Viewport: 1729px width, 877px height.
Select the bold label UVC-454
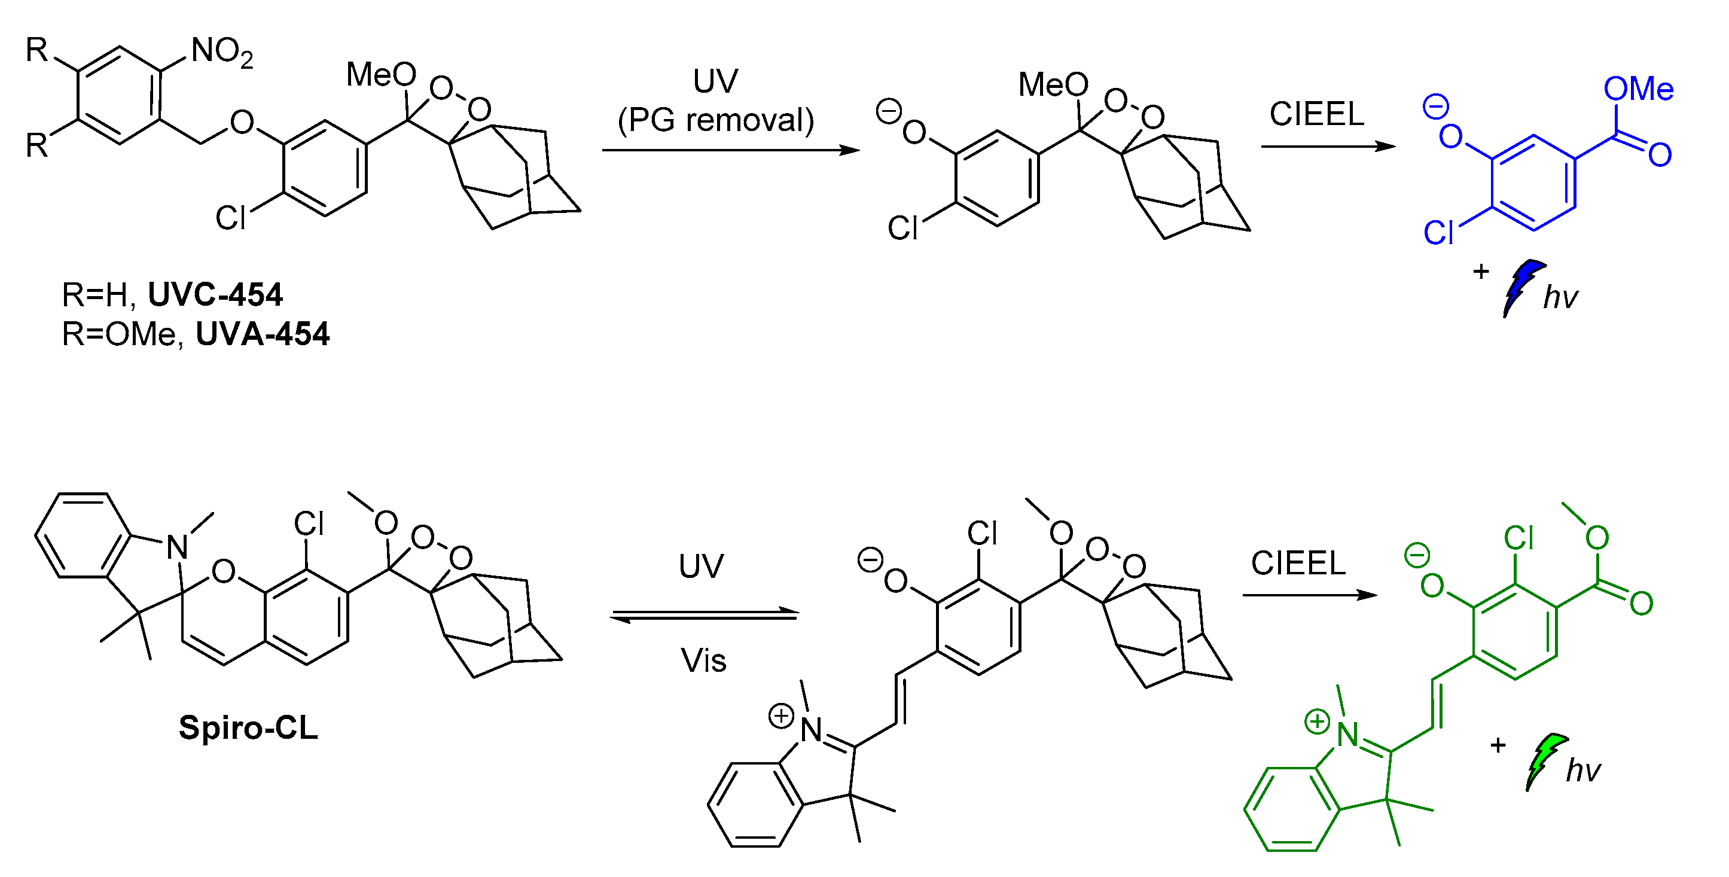click(x=215, y=295)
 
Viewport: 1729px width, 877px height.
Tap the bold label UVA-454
click(x=263, y=334)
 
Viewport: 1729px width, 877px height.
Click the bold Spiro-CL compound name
click(x=248, y=728)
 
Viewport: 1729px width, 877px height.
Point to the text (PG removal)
click(x=715, y=121)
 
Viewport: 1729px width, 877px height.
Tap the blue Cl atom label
click(x=1438, y=233)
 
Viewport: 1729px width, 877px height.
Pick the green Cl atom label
click(x=1518, y=538)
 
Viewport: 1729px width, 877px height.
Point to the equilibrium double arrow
click(x=704, y=615)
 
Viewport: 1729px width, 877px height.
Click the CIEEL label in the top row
click(x=1316, y=114)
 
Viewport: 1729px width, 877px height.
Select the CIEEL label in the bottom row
click(x=1298, y=563)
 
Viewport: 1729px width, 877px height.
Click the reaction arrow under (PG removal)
click(x=730, y=150)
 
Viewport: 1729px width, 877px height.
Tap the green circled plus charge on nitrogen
click(x=1317, y=721)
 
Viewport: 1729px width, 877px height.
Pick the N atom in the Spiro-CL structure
click(x=177, y=548)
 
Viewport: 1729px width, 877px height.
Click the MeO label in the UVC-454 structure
click(x=380, y=75)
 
